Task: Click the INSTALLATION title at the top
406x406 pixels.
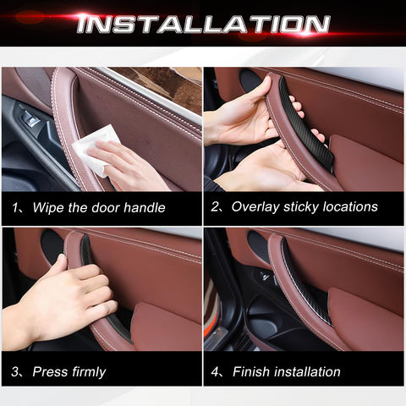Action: point(203,24)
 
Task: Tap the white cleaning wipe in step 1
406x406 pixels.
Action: point(95,150)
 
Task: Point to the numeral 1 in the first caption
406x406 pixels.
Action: point(15,208)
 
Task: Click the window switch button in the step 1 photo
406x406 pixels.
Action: point(30,120)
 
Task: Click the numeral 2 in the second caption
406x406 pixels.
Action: point(215,207)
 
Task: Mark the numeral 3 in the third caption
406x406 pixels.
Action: point(14,371)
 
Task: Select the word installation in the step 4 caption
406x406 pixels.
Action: point(307,371)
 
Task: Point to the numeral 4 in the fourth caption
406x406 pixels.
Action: point(215,371)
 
